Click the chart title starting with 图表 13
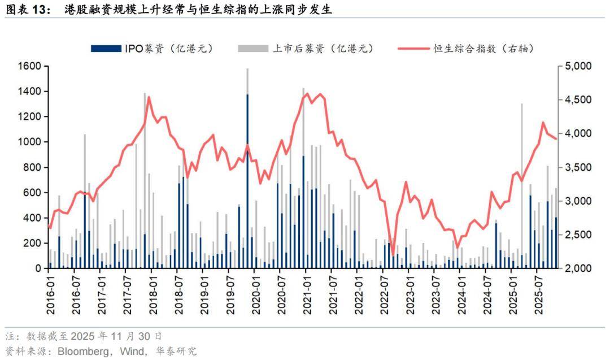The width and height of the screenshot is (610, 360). [x=169, y=10]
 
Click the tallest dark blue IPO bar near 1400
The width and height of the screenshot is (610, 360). [x=247, y=181]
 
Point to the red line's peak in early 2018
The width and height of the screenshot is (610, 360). [x=149, y=97]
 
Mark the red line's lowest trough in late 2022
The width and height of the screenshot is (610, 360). [x=393, y=255]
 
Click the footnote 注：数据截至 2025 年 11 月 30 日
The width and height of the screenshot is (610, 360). [x=85, y=336]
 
